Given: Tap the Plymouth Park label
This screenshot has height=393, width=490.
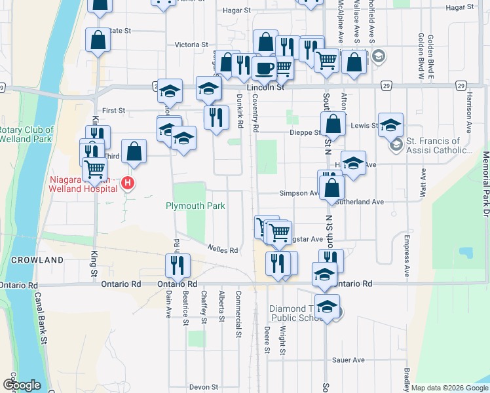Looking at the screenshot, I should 195,206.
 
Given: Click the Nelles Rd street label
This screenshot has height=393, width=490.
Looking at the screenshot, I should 222,250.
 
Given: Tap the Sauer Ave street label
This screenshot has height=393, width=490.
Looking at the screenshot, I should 348,360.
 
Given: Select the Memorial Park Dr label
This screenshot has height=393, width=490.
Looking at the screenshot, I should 485,189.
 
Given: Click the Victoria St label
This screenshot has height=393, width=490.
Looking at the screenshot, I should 191,45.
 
